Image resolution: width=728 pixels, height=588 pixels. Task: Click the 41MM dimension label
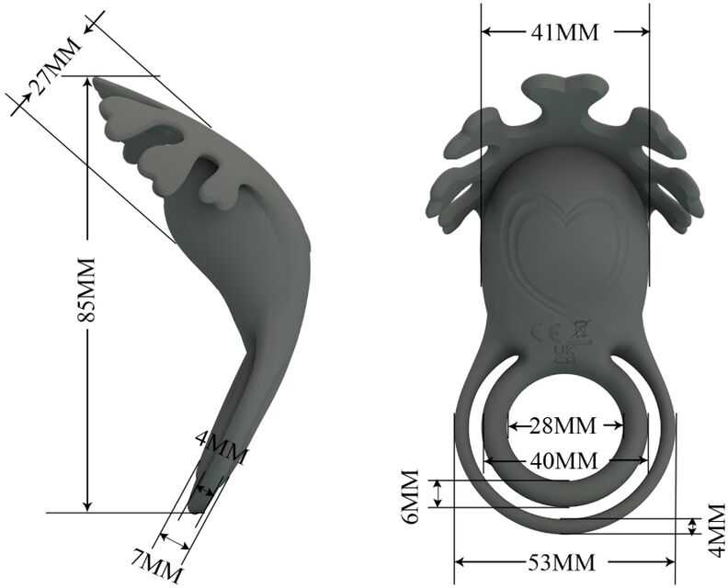point(564,32)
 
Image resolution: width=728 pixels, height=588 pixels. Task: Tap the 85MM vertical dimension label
point(86,289)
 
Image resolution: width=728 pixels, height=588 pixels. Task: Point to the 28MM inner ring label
point(563,425)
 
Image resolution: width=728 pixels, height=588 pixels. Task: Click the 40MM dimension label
point(563,461)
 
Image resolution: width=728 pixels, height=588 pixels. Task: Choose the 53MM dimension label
point(562,562)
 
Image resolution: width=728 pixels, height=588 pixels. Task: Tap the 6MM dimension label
point(412,496)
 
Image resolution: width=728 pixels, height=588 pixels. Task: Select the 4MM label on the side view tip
point(222,447)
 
